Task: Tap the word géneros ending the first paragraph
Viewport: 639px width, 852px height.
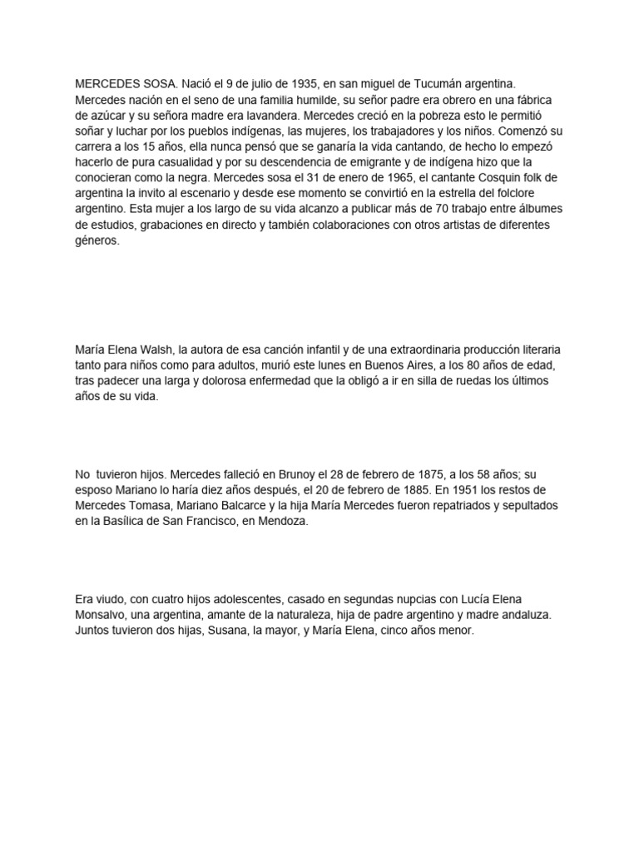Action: coord(97,241)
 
